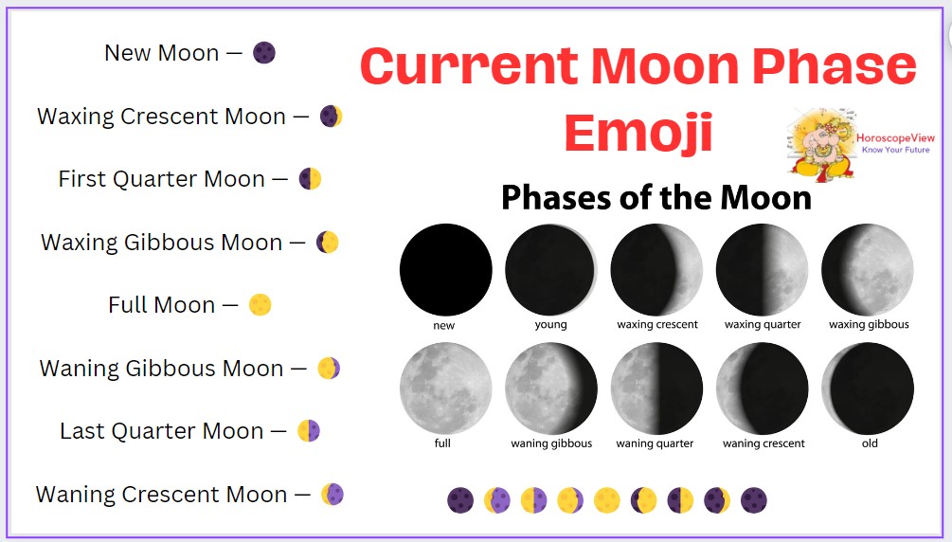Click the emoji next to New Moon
264,53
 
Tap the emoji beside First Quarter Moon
310,179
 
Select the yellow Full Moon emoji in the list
260,305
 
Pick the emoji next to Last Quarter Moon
309,431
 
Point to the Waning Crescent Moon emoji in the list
332,495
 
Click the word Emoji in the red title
638,134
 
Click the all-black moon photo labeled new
445,270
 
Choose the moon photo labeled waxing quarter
762,270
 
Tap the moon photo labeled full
445,388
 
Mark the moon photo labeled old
868,388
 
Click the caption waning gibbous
551,443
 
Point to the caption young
550,324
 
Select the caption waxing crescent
657,324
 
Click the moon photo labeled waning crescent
762,388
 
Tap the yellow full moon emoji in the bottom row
606,500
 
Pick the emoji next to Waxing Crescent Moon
331,116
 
